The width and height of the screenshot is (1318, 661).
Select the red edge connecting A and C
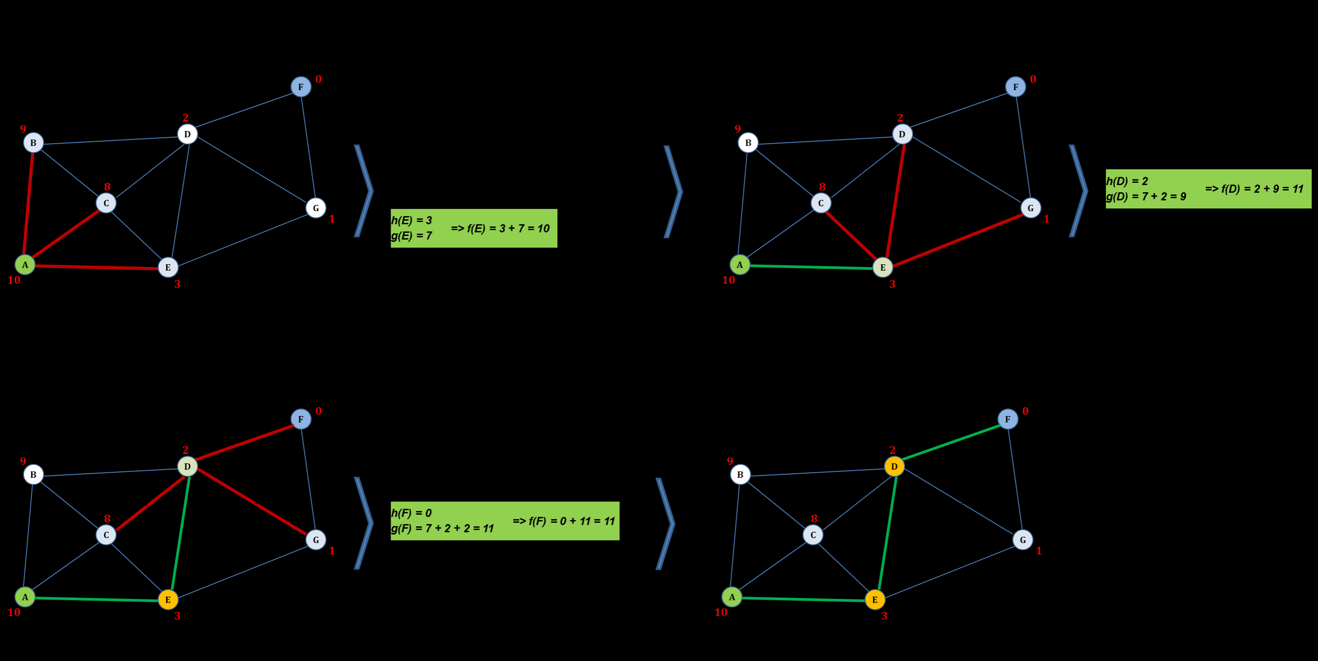(65, 234)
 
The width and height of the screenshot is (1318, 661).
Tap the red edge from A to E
(96, 267)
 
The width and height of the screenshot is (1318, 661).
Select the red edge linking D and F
(244, 443)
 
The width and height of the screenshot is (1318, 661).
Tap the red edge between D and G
(252, 503)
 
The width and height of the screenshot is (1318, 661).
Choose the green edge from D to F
(951, 443)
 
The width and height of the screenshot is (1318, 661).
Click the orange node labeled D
(894, 466)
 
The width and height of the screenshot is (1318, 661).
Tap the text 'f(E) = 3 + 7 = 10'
(500, 228)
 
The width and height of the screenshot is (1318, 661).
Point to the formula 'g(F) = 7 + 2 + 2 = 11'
(442, 528)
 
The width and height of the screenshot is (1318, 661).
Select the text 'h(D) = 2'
(1127, 181)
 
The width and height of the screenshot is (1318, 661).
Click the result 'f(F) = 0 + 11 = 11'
(563, 521)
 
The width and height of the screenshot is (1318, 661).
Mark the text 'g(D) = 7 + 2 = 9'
(1146, 196)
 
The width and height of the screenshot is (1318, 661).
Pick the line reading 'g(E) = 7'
(411, 236)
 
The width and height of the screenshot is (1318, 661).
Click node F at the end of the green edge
(1007, 419)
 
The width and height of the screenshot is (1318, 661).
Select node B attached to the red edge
(33, 142)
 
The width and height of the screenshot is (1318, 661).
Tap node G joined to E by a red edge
(1030, 208)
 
